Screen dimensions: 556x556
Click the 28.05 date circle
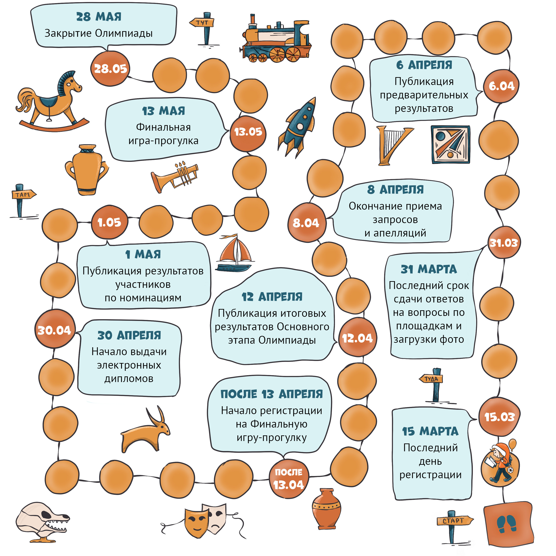(110, 69)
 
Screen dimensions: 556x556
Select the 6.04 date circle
(501, 86)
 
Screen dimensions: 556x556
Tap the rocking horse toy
(52, 101)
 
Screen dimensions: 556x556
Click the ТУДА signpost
(432, 384)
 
